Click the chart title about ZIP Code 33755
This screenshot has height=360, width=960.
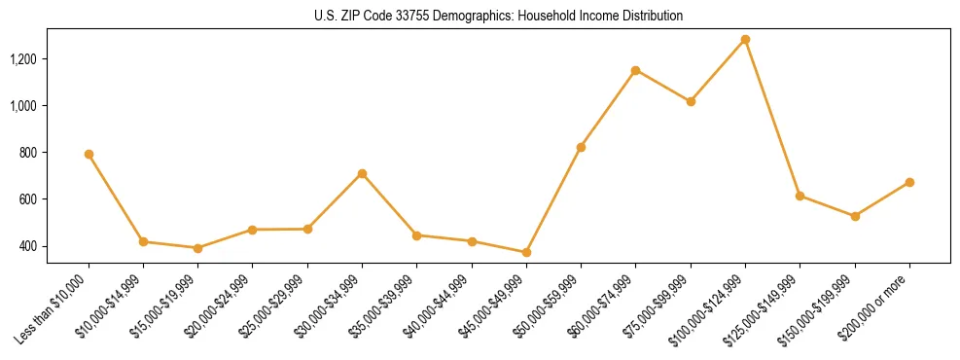click(x=499, y=17)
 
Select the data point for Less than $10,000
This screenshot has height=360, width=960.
click(x=89, y=154)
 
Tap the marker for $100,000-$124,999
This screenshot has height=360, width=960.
click(x=745, y=40)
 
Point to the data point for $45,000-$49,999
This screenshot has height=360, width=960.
click(x=526, y=252)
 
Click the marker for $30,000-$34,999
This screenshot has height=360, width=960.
click(x=362, y=173)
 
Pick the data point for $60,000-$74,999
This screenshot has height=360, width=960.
click(x=635, y=70)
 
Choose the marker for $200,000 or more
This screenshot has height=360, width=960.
click(x=909, y=182)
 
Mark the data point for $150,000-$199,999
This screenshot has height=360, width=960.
click(x=855, y=216)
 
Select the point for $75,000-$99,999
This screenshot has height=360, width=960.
click(x=691, y=101)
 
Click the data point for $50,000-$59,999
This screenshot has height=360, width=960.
click(x=581, y=147)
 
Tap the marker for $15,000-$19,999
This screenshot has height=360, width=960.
click(x=197, y=248)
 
